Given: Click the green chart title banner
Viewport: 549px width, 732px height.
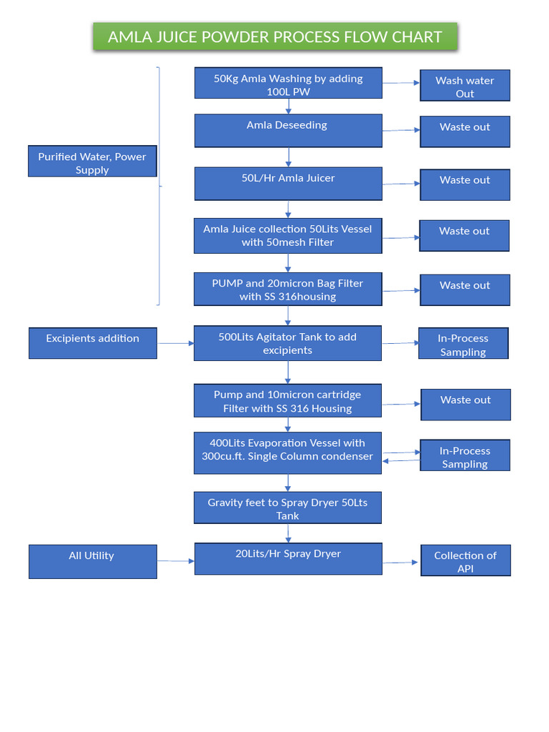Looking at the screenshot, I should [274, 36].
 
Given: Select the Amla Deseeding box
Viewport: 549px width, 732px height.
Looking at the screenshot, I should [288, 130].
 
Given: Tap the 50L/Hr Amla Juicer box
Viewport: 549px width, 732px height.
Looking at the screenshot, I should [288, 183].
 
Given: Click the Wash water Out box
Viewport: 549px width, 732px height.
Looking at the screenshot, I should [465, 86].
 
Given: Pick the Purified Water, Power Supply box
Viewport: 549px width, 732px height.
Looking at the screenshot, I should [92, 162].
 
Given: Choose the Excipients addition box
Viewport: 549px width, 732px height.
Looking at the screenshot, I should [92, 343].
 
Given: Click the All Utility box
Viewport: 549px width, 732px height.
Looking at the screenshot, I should [92, 561].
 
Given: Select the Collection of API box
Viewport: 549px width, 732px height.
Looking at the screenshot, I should [465, 561].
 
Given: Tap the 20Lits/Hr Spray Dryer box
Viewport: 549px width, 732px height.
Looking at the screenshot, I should [288, 558].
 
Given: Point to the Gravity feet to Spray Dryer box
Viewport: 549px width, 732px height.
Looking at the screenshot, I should [287, 508].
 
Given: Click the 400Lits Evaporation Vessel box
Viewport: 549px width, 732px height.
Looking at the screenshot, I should [287, 452].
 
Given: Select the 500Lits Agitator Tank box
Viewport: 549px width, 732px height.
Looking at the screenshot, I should [287, 343].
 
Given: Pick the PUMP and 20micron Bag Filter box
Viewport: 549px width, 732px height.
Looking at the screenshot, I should [287, 289].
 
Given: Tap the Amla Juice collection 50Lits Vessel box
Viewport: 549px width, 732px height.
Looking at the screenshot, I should [287, 235].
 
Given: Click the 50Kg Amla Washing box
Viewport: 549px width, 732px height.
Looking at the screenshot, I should [288, 83].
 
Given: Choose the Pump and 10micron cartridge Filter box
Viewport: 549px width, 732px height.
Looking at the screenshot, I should [287, 400].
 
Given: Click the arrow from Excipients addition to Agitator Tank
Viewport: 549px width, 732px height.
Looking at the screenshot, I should [175, 343].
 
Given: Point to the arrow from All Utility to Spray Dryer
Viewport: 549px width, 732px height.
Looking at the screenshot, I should [175, 561].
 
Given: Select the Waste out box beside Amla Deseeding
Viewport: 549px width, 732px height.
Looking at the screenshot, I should [465, 132].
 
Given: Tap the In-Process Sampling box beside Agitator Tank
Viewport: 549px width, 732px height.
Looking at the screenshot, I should [463, 343].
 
